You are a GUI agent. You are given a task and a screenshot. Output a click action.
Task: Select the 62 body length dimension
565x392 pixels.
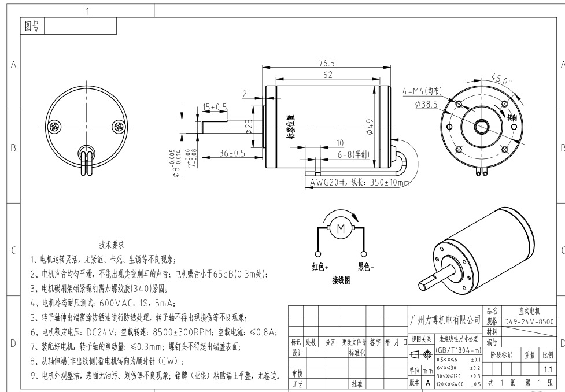pos(328,75)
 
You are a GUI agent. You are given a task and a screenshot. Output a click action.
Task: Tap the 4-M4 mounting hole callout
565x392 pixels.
pos(422,91)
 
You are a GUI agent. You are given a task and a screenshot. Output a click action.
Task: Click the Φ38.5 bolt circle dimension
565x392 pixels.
pos(426,105)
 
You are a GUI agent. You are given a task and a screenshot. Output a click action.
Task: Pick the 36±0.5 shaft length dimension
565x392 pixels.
pos(232,153)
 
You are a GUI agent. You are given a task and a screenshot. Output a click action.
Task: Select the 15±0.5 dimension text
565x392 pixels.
pos(215,107)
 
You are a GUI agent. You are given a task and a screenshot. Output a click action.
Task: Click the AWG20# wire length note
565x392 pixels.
pos(359,183)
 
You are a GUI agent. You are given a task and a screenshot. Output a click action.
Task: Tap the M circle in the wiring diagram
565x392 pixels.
pos(341,228)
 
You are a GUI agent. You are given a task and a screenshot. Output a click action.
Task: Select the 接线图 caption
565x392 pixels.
pos(341,280)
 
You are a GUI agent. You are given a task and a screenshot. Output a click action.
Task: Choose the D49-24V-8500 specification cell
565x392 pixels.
pos(529,321)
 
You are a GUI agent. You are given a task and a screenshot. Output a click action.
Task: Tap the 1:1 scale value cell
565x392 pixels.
pos(548,368)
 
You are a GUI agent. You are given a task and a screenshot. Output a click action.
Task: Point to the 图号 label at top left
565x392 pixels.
pos(32,26)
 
